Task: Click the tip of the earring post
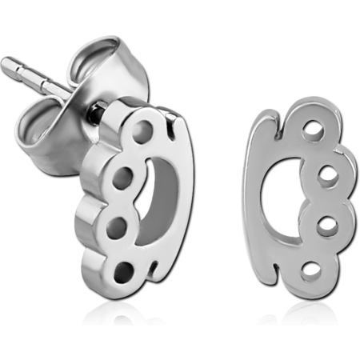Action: pyautogui.click(x=6, y=62)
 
